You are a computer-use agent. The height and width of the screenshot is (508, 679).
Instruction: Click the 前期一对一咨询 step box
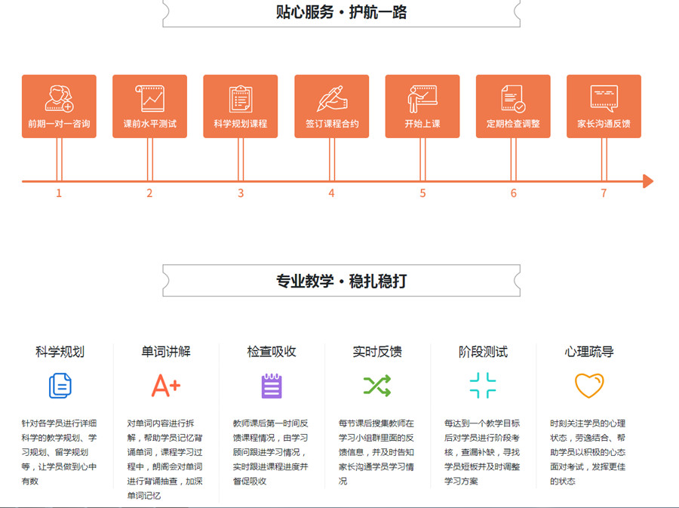pos(59,106)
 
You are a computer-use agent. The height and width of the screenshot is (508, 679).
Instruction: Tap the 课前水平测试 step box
pos(149,106)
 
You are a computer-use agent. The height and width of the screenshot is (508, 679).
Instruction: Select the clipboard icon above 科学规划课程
pos(241,99)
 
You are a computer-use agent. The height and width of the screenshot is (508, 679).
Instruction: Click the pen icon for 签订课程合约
pos(331,99)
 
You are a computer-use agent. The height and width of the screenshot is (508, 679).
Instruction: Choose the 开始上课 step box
pos(422,106)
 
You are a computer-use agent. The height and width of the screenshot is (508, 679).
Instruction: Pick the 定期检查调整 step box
pos(513,106)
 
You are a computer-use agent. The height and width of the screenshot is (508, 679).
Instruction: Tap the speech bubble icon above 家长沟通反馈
pos(604,99)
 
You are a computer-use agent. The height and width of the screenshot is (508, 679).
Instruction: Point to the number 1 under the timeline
pos(59,193)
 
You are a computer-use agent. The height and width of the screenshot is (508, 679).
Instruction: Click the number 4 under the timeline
pos(331,193)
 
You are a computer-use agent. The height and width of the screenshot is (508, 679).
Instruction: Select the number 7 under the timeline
pos(604,193)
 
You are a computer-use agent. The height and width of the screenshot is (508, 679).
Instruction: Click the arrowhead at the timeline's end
pos(647,181)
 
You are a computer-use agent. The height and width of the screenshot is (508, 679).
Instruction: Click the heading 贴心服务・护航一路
pos(342,12)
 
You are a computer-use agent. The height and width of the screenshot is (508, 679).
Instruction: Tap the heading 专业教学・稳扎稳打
pos(342,282)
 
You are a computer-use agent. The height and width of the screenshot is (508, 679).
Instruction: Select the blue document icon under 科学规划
pos(60,386)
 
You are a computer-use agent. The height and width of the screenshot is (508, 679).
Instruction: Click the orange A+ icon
pos(166,386)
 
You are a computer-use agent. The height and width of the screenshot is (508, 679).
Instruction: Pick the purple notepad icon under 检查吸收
pos(272,386)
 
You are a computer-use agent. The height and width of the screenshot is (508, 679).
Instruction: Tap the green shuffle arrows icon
pos(377,386)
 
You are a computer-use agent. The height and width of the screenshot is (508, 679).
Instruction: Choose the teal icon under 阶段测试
pos(483,386)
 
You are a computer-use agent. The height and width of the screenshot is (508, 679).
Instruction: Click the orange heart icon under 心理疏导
pos(589,386)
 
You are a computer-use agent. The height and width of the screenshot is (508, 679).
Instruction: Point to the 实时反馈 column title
pos(377,352)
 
